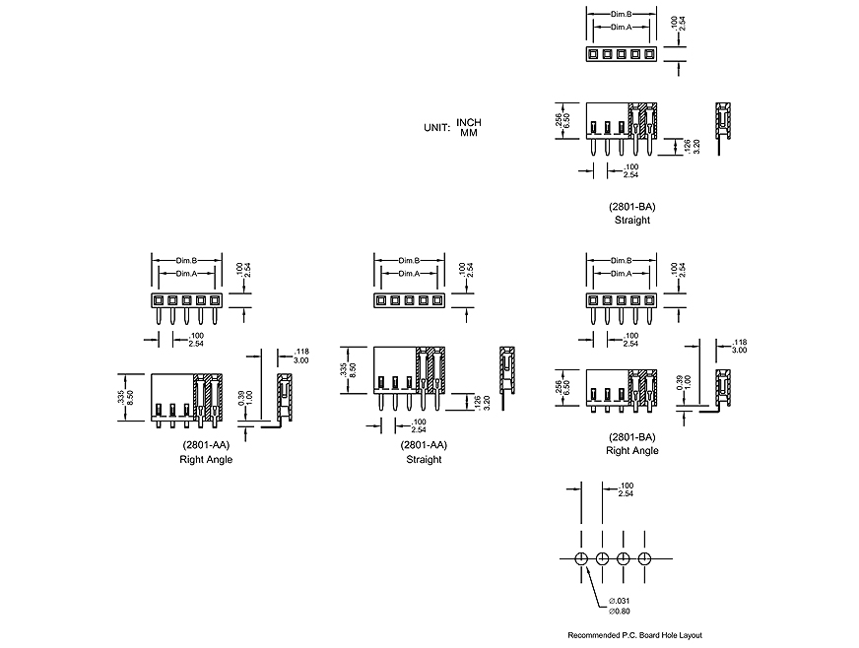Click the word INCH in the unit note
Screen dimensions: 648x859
[x=469, y=122]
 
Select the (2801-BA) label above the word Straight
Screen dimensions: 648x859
[x=631, y=207]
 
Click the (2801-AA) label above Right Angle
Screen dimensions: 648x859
[x=206, y=445]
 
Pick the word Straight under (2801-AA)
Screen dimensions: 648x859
[x=424, y=459]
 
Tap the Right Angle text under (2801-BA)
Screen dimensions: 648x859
[x=631, y=450]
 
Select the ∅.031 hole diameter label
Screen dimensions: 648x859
[x=620, y=601]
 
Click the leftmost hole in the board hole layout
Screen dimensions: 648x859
[x=580, y=559]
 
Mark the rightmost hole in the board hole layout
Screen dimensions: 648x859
[x=644, y=559]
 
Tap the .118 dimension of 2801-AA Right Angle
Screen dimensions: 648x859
[x=302, y=352]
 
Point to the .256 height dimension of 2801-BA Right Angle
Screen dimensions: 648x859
[x=557, y=384]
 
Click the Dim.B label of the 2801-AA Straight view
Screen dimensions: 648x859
[x=409, y=260]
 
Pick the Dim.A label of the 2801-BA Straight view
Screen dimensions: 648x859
[x=621, y=27]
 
